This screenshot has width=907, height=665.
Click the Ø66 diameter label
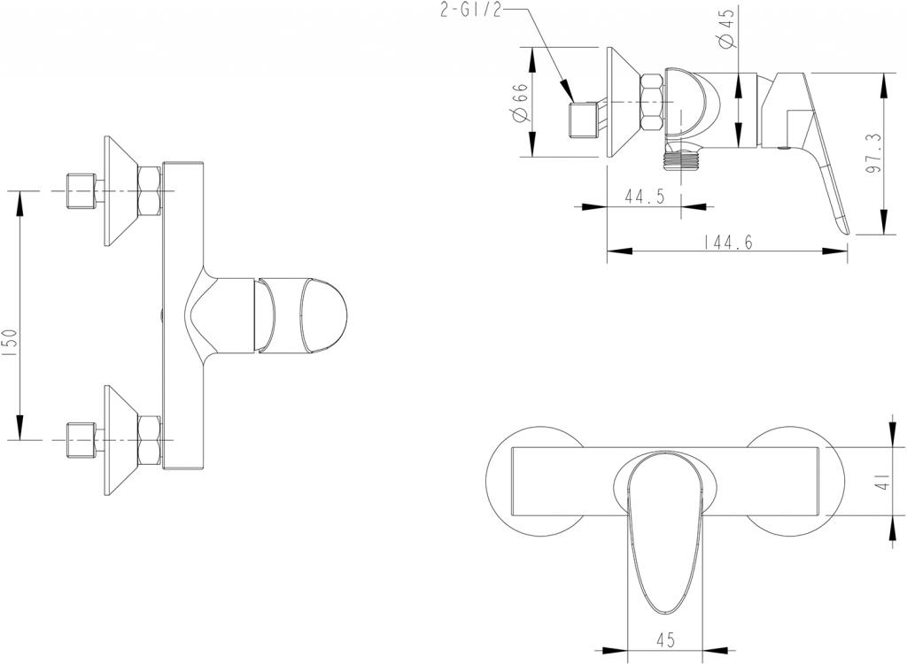point(520,103)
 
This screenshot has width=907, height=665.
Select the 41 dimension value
point(880,484)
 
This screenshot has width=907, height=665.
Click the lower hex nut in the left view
point(149,440)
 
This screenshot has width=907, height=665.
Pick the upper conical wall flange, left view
point(120,191)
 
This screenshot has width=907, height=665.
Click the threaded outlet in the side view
point(682,160)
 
